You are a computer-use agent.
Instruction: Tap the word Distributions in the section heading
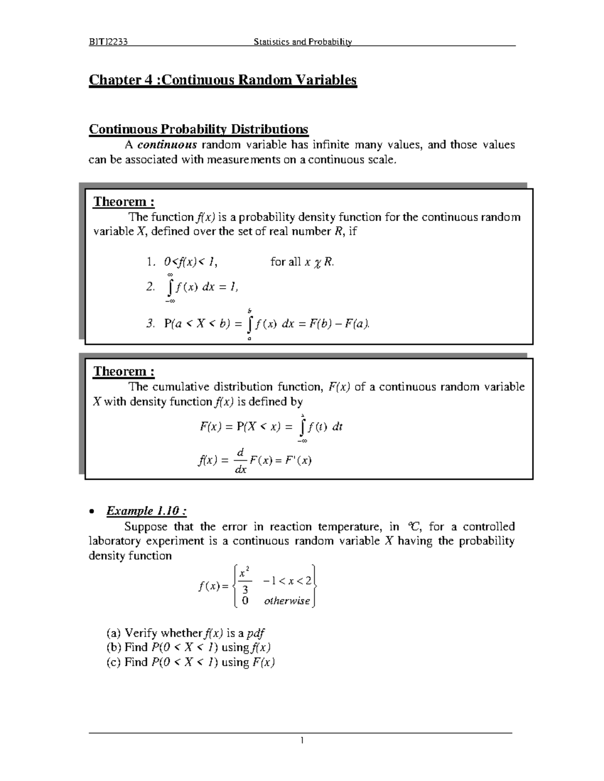point(269,129)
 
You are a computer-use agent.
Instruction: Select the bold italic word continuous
point(167,145)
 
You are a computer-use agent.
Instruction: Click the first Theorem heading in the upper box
point(124,202)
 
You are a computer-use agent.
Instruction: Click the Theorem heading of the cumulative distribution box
point(124,371)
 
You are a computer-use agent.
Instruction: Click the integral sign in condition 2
point(171,287)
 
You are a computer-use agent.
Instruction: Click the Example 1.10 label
point(146,511)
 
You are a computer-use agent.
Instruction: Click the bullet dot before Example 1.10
point(92,512)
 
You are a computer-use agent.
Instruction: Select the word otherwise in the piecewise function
point(287,601)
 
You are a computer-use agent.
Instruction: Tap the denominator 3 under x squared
point(245,589)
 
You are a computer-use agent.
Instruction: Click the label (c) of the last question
point(114,662)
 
